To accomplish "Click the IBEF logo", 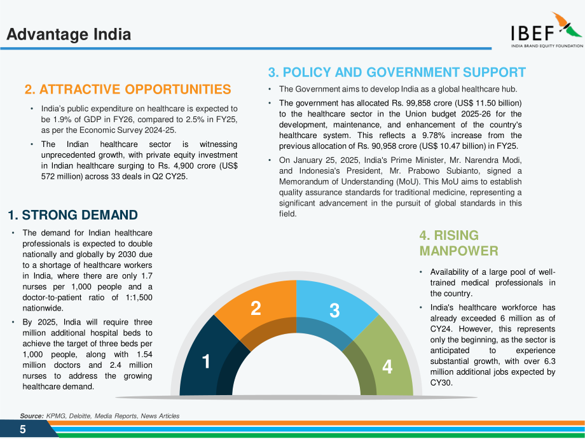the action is (x=547, y=29).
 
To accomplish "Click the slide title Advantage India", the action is (x=69, y=34).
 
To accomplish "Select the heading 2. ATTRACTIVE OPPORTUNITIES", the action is (x=128, y=90).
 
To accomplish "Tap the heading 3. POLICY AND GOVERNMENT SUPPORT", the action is (x=397, y=73).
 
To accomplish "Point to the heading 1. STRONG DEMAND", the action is (x=72, y=215).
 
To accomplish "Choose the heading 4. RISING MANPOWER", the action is (x=458, y=243).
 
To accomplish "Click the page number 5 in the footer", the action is (x=23, y=429).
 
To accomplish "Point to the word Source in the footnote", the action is (x=31, y=416).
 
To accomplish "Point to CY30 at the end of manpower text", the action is (x=441, y=383).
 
